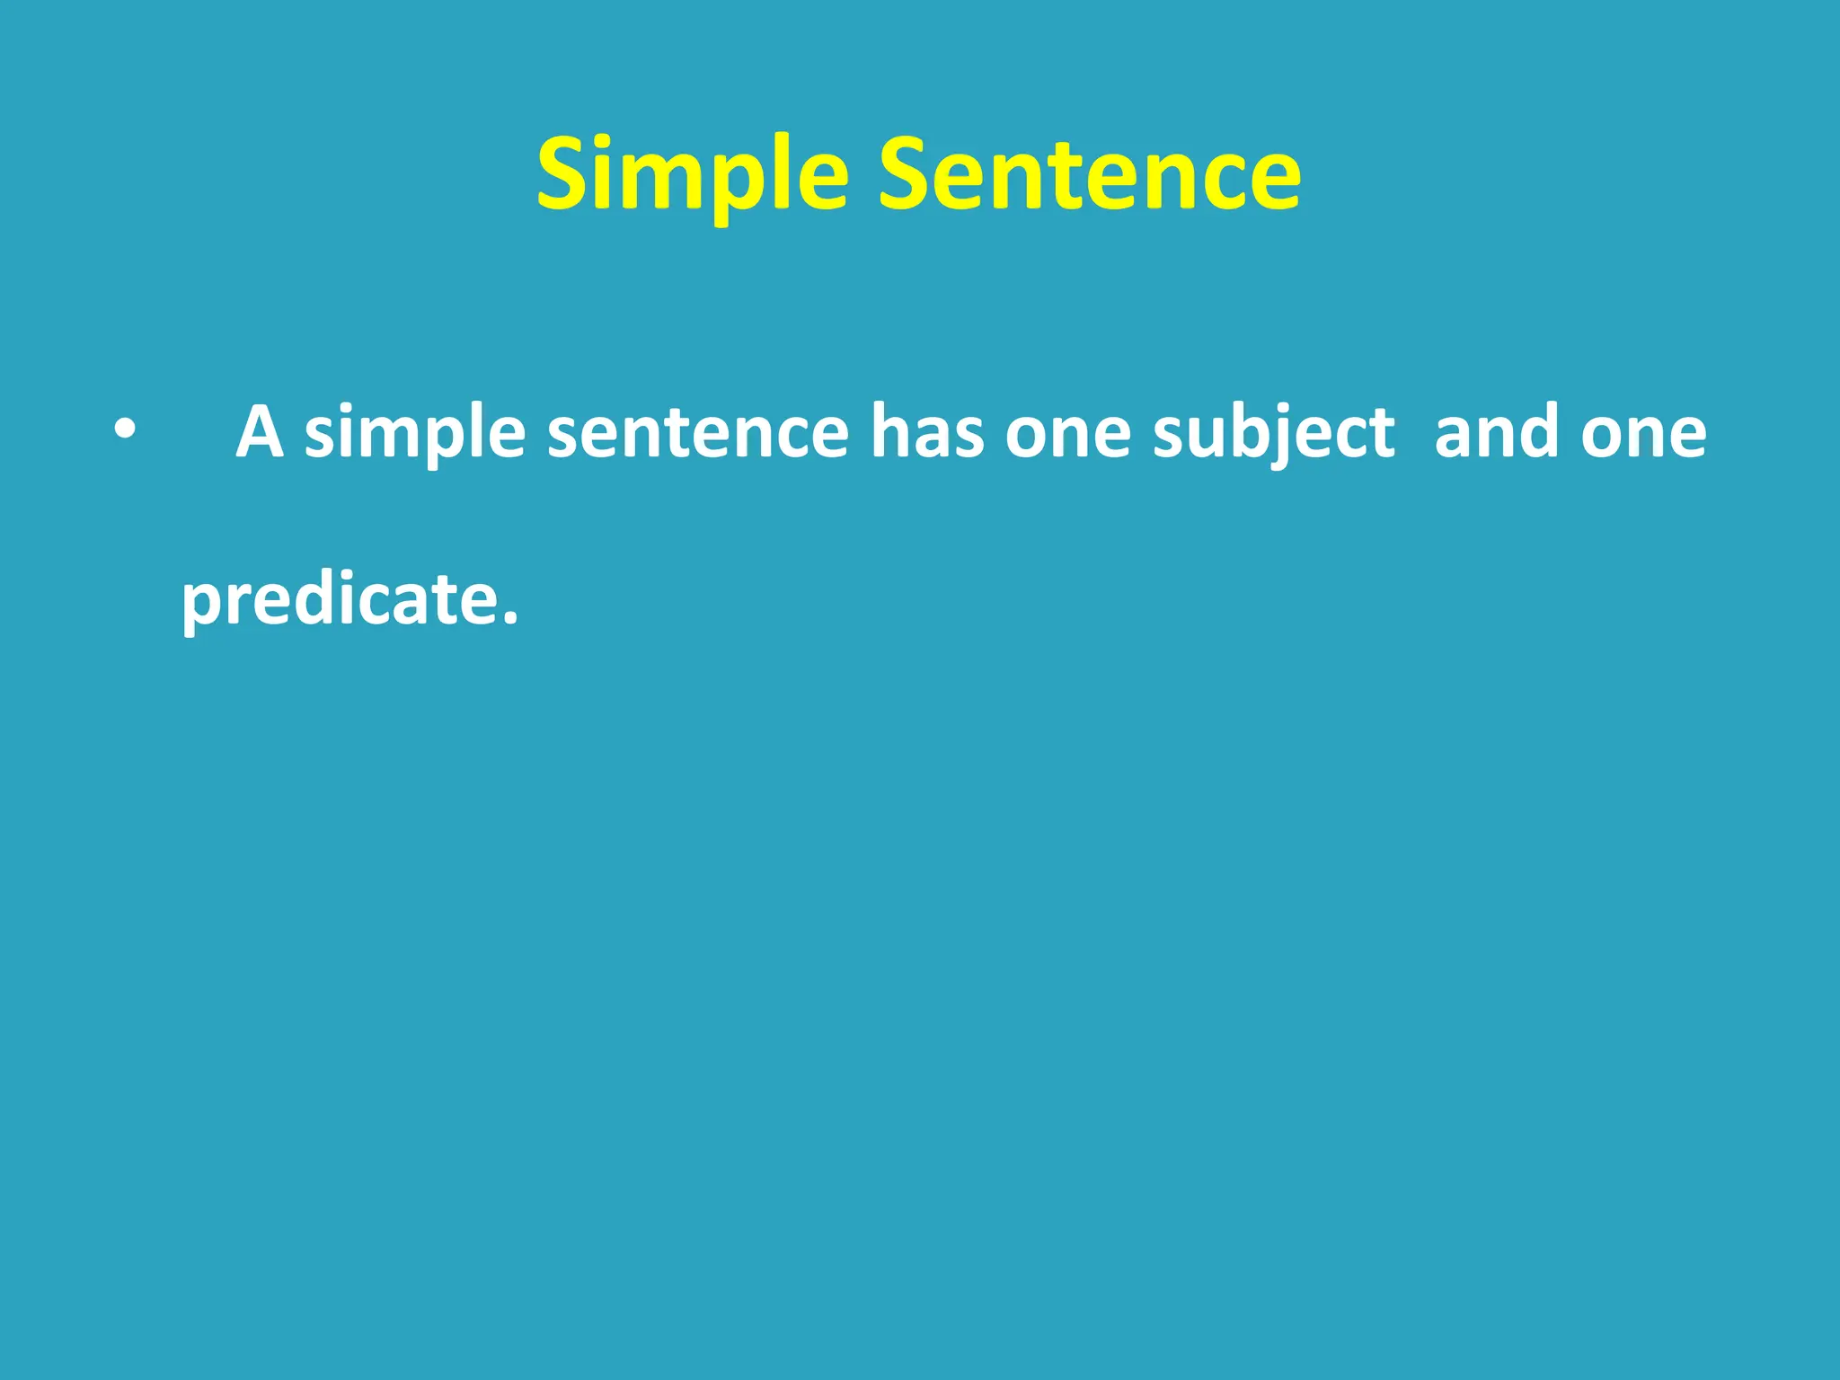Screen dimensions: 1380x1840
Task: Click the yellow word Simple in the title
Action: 692,175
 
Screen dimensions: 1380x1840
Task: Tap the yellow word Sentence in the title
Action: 1089,175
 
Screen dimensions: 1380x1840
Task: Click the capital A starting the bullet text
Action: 260,432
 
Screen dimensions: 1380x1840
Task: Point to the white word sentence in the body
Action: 697,432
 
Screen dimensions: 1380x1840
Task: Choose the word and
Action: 1497,432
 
